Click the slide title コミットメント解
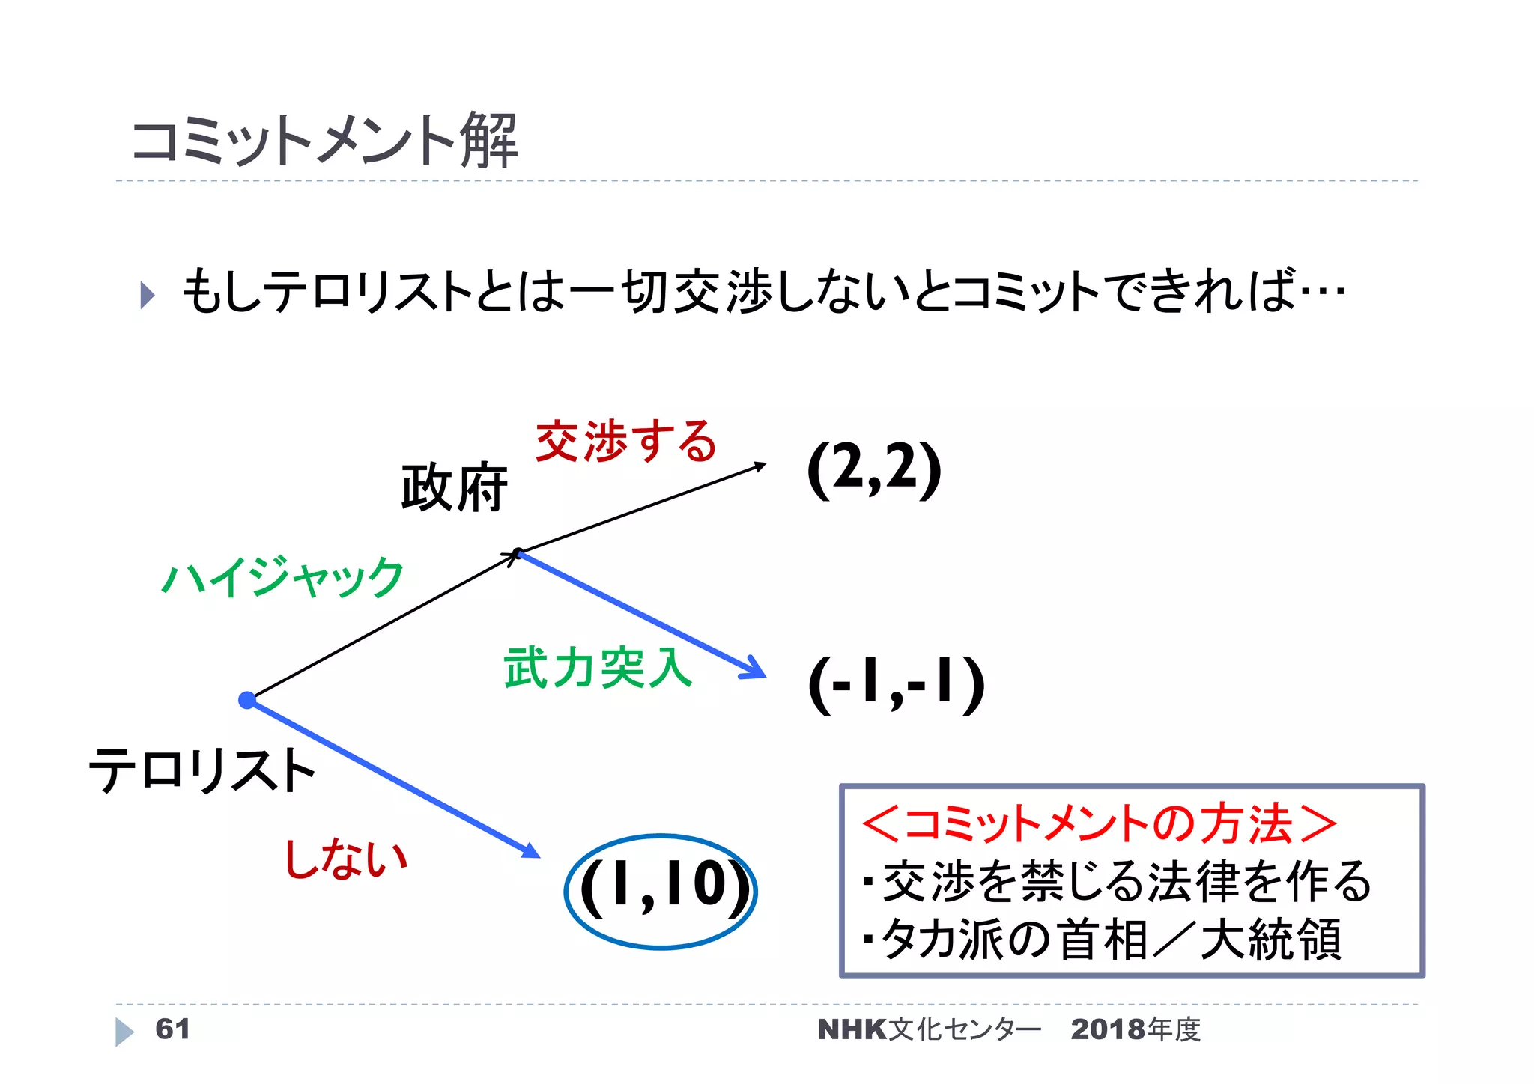324,141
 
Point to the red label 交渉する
626,442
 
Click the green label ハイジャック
283,577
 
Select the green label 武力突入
598,668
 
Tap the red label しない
346,858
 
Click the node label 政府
454,488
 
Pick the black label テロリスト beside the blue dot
201,771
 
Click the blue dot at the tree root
246,700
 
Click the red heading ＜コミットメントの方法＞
1099,823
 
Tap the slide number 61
172,1029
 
